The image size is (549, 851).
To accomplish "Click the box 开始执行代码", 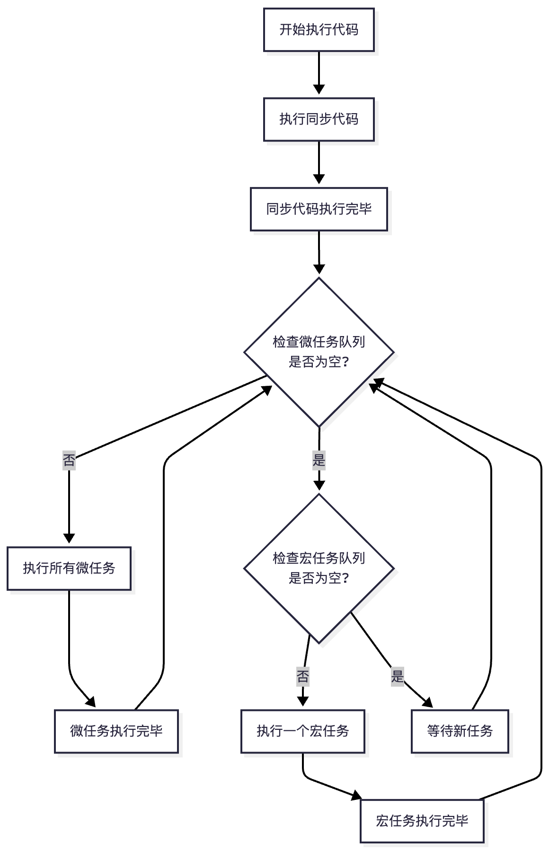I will (319, 30).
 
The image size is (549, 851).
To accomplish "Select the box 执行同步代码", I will (319, 119).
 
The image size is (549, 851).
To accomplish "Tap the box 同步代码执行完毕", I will (319, 209).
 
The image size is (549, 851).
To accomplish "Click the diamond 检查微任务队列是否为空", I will (319, 352).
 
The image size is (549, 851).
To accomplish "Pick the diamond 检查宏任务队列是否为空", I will (319, 568).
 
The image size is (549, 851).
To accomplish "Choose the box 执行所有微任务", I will (69, 568).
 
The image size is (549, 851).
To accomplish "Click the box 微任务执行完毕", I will (116, 731).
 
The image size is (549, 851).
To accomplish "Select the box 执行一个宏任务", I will (302, 731).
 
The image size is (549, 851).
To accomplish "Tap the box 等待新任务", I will (460, 731).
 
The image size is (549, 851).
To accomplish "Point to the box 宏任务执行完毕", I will (422, 821).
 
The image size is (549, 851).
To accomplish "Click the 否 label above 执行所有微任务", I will (69, 460).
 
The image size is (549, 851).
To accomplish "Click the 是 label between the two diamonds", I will (319, 460).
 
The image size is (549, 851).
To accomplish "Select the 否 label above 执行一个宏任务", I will (303, 676).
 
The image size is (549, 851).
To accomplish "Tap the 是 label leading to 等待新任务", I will (398, 676).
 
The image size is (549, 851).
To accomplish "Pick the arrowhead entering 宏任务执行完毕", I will (356, 797).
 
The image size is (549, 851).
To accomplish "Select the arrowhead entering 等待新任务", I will (428, 703).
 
